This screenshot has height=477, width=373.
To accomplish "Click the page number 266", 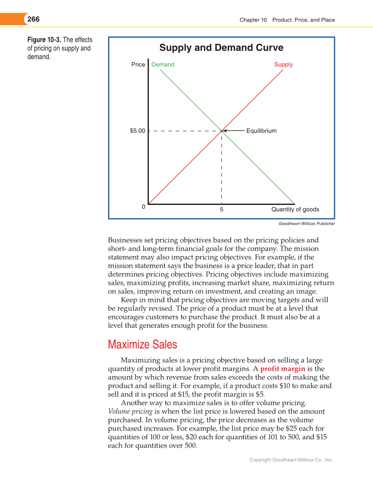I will (x=33, y=19).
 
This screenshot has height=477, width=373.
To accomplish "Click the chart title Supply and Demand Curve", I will (x=221, y=48).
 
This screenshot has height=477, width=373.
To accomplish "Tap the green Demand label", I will (x=163, y=65).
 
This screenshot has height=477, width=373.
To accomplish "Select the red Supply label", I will (x=283, y=65).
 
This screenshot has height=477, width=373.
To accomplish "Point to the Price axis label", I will (x=138, y=65).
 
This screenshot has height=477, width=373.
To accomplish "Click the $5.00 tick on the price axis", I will (x=137, y=131).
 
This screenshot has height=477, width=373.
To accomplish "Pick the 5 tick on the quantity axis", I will (x=221, y=210).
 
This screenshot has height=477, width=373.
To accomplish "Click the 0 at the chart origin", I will (x=143, y=207).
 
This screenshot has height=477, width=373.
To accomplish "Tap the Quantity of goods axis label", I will (x=295, y=209).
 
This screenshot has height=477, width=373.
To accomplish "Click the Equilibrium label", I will (x=261, y=131).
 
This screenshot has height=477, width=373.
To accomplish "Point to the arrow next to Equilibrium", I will (x=233, y=131).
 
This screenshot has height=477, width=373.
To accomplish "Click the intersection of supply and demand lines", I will (x=221, y=131).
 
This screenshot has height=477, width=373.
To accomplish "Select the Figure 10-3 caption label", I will (x=44, y=40).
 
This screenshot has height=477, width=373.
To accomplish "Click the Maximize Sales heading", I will (x=142, y=344).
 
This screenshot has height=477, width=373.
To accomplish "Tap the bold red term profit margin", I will (x=282, y=369).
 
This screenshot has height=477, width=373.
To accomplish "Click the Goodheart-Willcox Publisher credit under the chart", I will (x=307, y=224).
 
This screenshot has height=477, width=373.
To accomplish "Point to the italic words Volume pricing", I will (x=130, y=412).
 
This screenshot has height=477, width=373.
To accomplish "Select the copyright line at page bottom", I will (x=291, y=460).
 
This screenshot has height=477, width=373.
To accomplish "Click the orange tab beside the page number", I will (x=11, y=19).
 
